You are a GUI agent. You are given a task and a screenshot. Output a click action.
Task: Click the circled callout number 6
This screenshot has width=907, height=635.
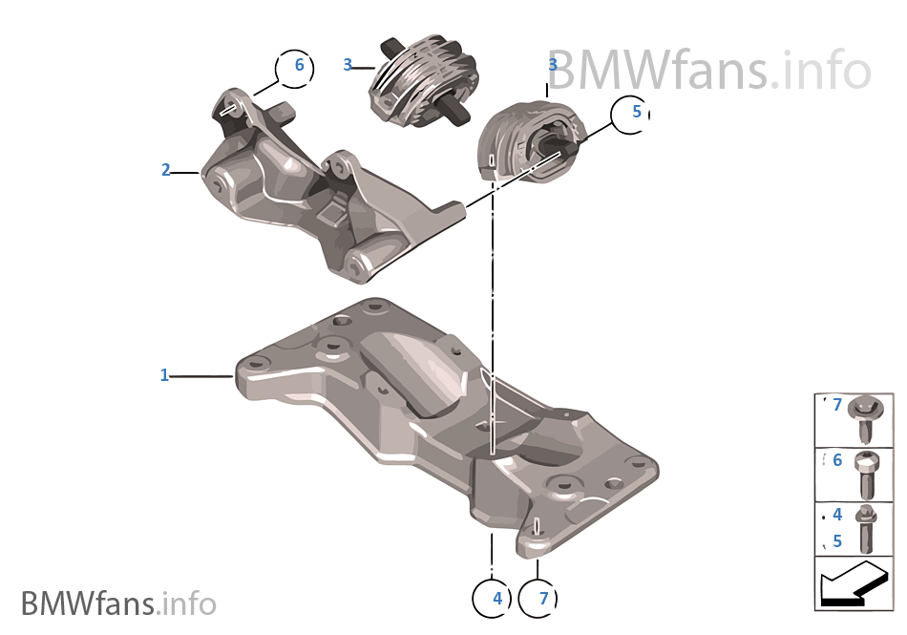(298, 66)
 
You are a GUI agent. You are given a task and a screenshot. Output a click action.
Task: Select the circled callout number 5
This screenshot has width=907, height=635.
(636, 113)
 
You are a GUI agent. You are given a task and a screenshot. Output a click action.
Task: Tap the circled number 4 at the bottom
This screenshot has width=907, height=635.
(496, 599)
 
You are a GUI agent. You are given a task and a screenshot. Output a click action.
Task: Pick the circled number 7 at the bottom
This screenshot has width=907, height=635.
(543, 599)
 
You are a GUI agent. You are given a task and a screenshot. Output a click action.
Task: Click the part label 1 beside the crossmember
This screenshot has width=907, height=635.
(164, 376)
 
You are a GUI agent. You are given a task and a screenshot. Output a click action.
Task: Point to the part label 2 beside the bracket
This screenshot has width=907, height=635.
(165, 171)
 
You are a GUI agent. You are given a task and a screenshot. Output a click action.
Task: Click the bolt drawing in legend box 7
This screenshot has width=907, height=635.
(873, 418)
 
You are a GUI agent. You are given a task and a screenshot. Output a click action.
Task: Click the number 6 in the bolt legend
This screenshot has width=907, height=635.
(837, 461)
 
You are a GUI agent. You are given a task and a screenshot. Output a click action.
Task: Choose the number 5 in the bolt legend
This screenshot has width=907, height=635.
(837, 540)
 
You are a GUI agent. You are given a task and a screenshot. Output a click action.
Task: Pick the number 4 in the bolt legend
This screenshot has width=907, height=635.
(837, 516)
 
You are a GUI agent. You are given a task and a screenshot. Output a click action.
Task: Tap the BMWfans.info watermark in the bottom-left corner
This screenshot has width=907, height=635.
(118, 603)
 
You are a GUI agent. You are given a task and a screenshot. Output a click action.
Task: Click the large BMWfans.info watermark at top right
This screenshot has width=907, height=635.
(708, 70)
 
